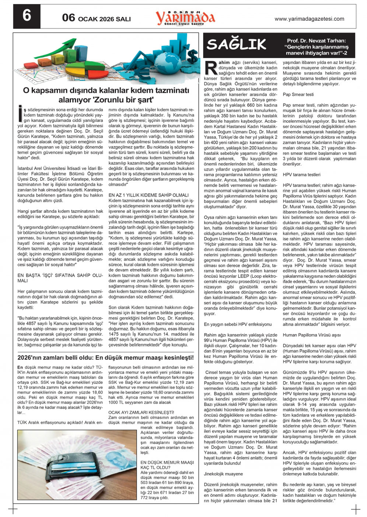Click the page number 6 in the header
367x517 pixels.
pyautogui.click(x=27, y=16)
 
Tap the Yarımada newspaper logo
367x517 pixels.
pyautogui.click(x=185, y=17)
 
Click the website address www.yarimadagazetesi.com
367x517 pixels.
pyautogui.click(x=309, y=19)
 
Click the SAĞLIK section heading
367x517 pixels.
pyautogui.click(x=236, y=44)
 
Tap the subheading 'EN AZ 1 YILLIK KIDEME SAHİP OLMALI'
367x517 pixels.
pyautogui.click(x=148, y=195)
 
